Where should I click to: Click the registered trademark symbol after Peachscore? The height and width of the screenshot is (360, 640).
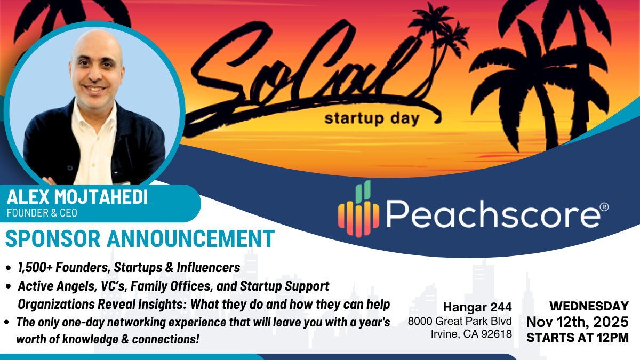pos(604,206)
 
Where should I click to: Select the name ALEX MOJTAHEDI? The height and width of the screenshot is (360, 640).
pos(77,197)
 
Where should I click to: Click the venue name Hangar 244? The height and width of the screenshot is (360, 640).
pos(477,307)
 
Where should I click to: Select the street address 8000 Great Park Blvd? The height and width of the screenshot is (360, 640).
pos(460,322)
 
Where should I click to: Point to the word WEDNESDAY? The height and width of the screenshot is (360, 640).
pos(589,306)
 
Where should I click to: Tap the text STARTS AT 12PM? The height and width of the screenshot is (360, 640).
pos(578,337)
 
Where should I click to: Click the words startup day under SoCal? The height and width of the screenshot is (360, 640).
pos(372,118)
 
